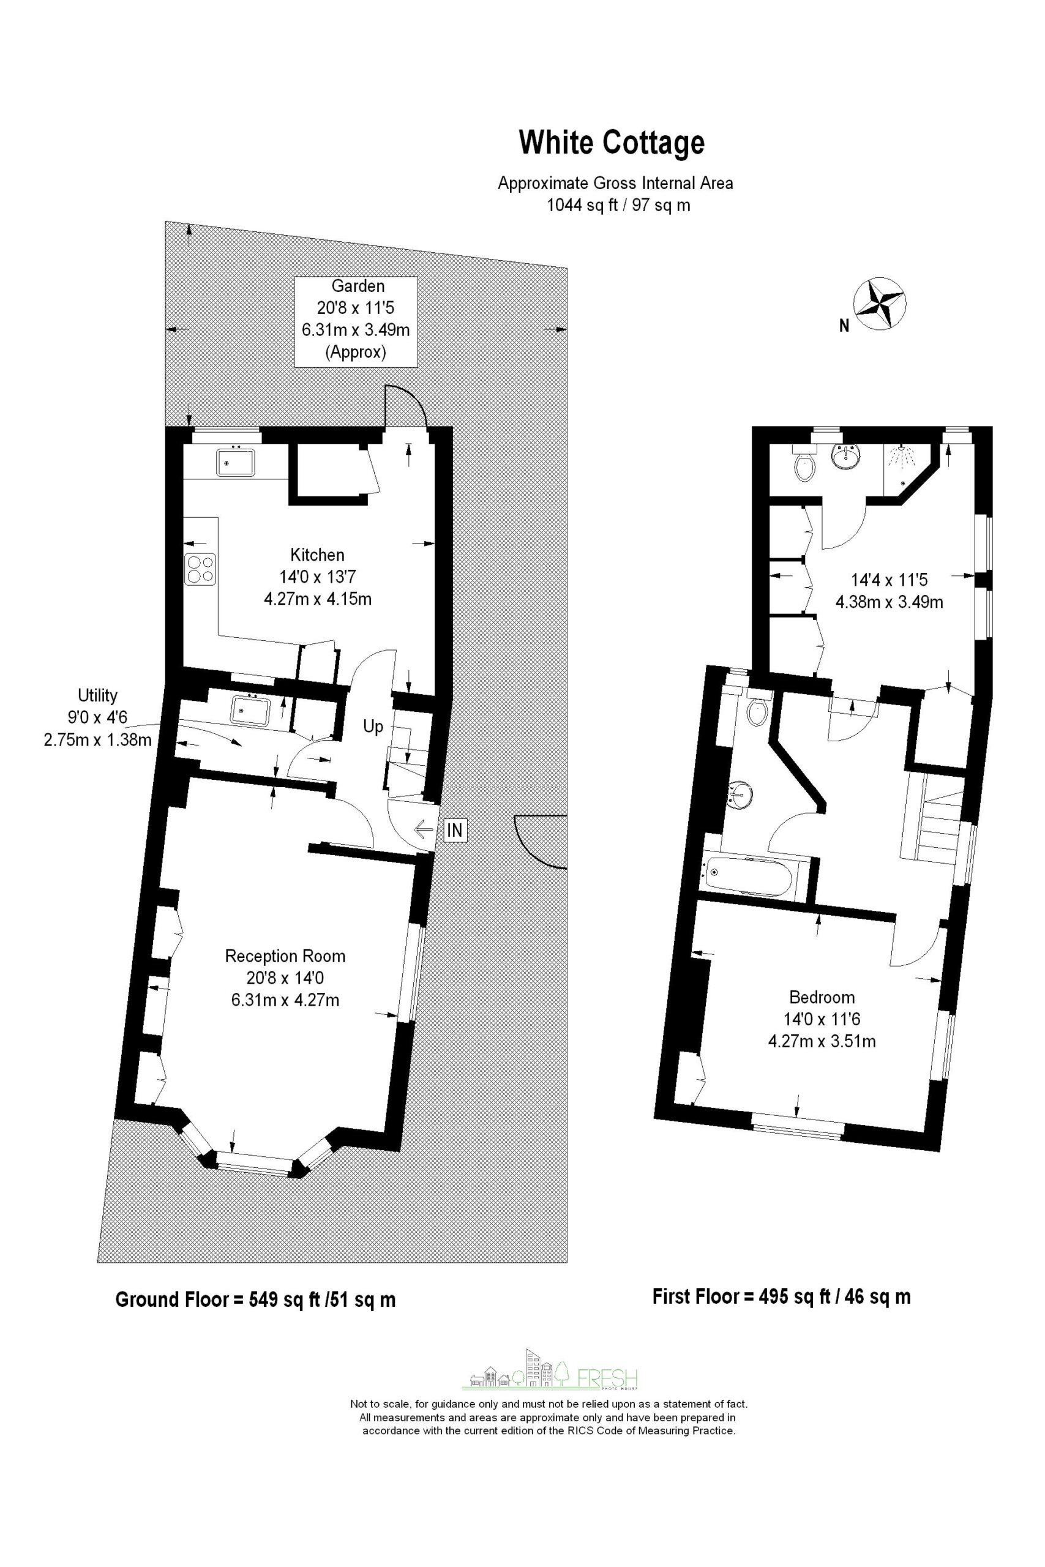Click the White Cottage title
611,143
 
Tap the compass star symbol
879,304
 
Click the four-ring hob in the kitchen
201,570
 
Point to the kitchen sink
235,462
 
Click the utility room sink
250,710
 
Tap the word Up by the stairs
373,726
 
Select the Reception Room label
285,956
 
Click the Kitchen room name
317,555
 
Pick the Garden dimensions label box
356,321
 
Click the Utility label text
97,695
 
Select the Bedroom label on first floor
822,997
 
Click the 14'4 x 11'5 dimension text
889,580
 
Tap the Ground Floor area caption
255,1299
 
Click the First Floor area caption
781,1296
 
